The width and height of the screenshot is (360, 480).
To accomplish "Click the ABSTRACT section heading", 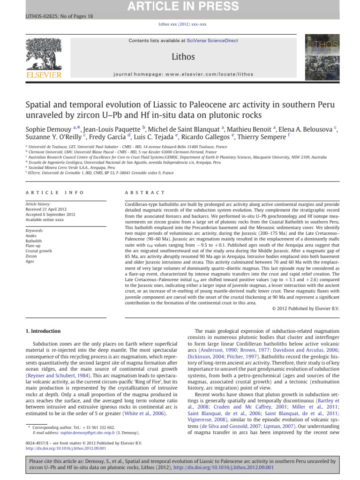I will coord(145,192).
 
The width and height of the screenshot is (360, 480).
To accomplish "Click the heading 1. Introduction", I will coord(44,331).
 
